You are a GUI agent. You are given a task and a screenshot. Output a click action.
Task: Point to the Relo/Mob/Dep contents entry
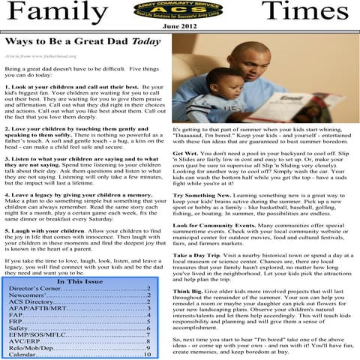(36, 346)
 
